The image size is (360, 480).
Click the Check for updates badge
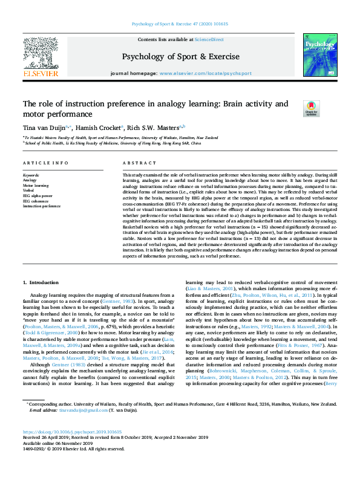click(312, 108)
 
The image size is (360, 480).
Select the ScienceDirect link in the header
click(209, 39)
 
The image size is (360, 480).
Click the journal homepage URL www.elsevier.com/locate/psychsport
click(205, 73)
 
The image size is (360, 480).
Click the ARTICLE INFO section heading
click(45, 163)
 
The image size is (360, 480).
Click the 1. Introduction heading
click(41, 283)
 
